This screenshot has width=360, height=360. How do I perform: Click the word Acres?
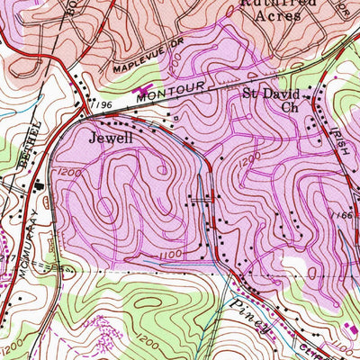coord(277,15)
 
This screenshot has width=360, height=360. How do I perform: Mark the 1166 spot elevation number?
coord(342,215)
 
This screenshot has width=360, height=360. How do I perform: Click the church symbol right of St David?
coord(307,94)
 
